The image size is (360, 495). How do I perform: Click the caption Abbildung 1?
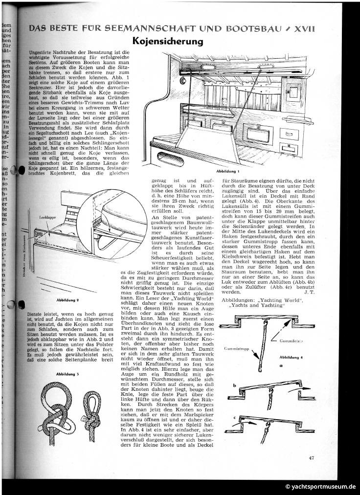(x=229, y=171)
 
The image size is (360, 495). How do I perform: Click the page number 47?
(x=312, y=458)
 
